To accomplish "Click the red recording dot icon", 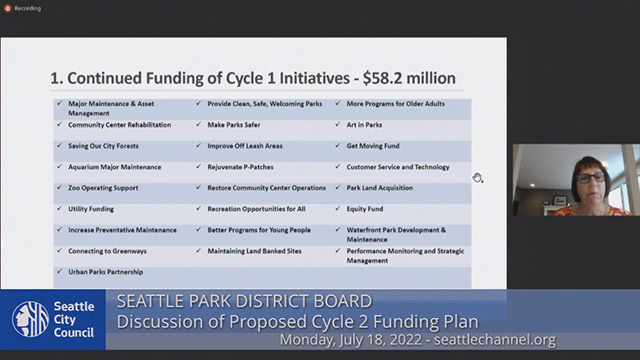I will pyautogui.click(x=7, y=8).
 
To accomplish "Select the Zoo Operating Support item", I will pyautogui.click(x=104, y=187).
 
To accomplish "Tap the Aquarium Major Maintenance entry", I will pyautogui.click(x=113, y=166).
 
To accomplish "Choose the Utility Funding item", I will pyautogui.click(x=93, y=208).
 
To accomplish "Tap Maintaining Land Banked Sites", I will pyautogui.click(x=259, y=250).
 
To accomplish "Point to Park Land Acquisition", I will pyautogui.click(x=384, y=187).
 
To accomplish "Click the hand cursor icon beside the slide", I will pyautogui.click(x=478, y=178).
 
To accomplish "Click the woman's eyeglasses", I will pyautogui.click(x=589, y=177).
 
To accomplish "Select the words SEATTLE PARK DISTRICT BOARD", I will pyautogui.click(x=245, y=301).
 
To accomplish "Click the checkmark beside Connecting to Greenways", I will pyautogui.click(x=60, y=250).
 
